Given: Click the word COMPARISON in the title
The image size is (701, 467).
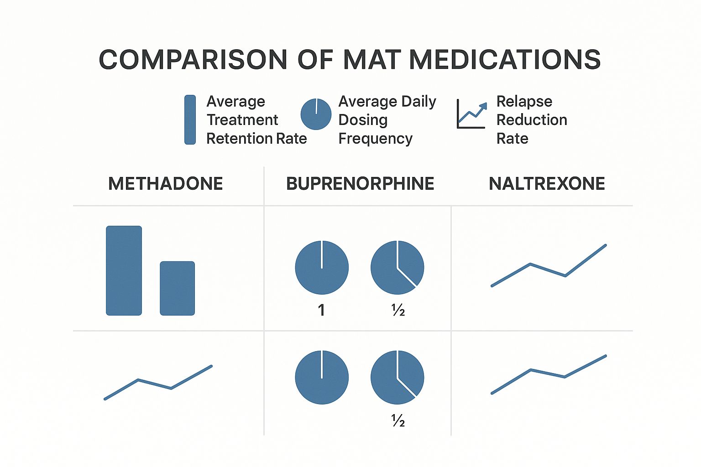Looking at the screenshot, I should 193,60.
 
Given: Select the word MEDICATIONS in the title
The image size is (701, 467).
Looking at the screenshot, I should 505,60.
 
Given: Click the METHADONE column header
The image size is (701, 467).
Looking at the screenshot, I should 165,184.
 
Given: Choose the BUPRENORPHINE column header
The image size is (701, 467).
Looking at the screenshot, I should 360,184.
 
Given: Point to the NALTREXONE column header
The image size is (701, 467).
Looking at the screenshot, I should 547,184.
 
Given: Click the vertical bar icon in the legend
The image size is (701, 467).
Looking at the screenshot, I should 190,120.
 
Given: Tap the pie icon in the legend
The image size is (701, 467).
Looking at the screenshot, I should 316,114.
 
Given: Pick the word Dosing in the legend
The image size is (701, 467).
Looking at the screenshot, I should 363,120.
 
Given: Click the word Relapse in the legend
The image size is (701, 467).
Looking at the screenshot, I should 524,101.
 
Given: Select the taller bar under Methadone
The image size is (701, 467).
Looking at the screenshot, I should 124,270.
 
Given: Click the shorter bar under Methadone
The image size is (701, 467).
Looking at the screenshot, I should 177,288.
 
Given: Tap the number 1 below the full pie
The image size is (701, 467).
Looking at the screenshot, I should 321,310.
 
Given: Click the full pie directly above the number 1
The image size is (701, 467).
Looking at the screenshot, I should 322,267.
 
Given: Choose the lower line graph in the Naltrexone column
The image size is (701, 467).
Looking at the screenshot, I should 548,375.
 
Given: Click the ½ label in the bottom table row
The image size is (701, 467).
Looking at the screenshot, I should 398,420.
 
